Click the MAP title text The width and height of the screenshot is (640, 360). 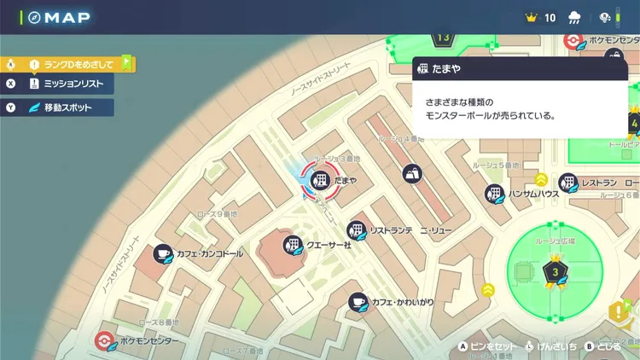click(64, 18)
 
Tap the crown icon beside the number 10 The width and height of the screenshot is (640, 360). click(531, 17)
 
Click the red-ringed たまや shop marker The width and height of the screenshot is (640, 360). click(318, 179)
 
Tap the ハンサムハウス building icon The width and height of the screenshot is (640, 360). click(493, 194)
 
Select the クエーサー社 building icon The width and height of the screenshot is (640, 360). click(293, 246)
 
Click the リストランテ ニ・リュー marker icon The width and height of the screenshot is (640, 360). click(356, 229)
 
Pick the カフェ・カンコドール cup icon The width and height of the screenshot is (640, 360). click(163, 253)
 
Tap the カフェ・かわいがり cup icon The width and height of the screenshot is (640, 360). click(358, 301)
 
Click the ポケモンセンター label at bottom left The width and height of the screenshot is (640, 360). click(149, 340)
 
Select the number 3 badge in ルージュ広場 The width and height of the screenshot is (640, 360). click(555, 272)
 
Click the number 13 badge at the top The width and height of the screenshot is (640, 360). click(442, 38)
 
